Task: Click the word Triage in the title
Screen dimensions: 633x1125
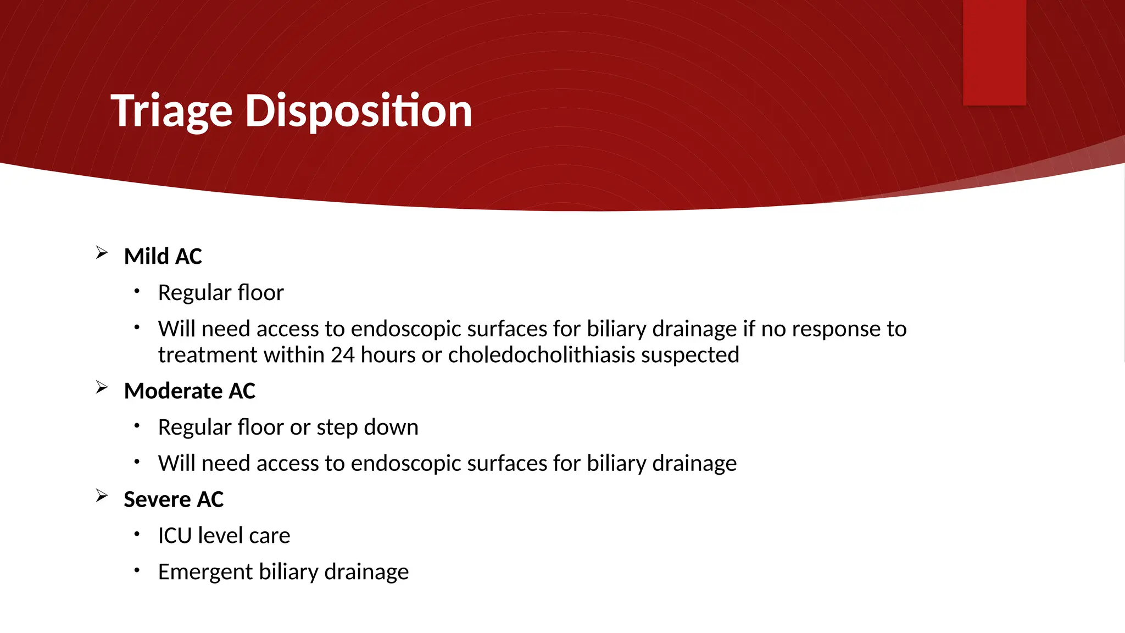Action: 171,112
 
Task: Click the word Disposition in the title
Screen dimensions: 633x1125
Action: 358,112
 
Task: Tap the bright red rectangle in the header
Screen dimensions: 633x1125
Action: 994,52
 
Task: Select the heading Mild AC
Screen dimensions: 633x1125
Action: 163,257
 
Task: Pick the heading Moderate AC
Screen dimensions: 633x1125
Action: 190,391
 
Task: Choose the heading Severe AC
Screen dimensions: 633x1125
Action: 174,499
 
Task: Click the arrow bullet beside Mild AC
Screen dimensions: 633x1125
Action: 102,253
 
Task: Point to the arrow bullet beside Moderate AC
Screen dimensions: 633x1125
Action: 102,387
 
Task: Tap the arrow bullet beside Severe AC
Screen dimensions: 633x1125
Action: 102,496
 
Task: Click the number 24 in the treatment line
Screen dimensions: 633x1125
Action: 342,355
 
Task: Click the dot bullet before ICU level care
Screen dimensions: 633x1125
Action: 137,534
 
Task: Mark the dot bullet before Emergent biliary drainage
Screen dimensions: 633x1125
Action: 137,570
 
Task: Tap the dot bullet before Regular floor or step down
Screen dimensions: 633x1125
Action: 137,425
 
